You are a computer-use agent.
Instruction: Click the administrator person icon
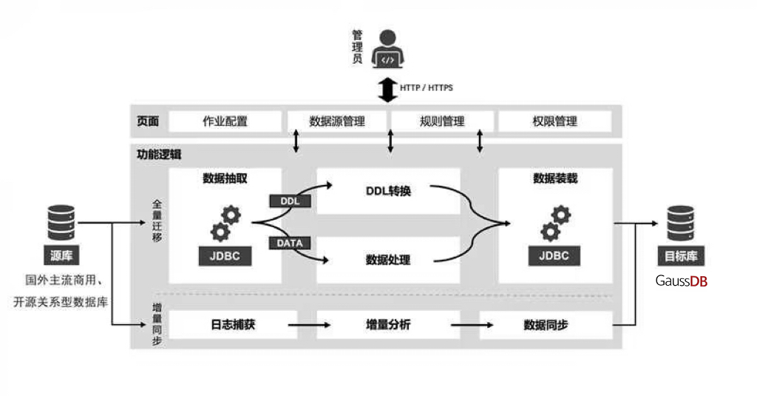pos(387,49)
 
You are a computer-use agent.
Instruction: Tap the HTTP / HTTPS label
pos(427,87)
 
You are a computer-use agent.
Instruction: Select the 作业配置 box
pos(225,121)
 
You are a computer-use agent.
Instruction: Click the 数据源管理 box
pos(337,121)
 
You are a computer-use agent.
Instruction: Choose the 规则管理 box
pos(442,121)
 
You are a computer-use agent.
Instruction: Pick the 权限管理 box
pos(554,121)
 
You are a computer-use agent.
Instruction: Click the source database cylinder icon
pos(61,222)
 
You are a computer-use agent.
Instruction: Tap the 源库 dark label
pos(61,257)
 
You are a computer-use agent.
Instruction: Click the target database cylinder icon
pos(680,222)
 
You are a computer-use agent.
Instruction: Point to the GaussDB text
pos(682,281)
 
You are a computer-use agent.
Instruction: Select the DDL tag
pos(290,201)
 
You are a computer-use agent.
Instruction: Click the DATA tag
pos(290,243)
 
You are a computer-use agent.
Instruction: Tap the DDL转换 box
pos(388,191)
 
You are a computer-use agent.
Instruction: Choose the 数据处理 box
pos(388,260)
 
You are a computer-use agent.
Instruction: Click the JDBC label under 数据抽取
pos(225,256)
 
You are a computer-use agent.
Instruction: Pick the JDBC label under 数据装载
pos(554,256)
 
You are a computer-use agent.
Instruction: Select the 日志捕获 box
pos(233,324)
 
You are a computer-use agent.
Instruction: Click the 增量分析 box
pos(388,324)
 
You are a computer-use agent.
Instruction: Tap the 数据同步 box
pos(546,324)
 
